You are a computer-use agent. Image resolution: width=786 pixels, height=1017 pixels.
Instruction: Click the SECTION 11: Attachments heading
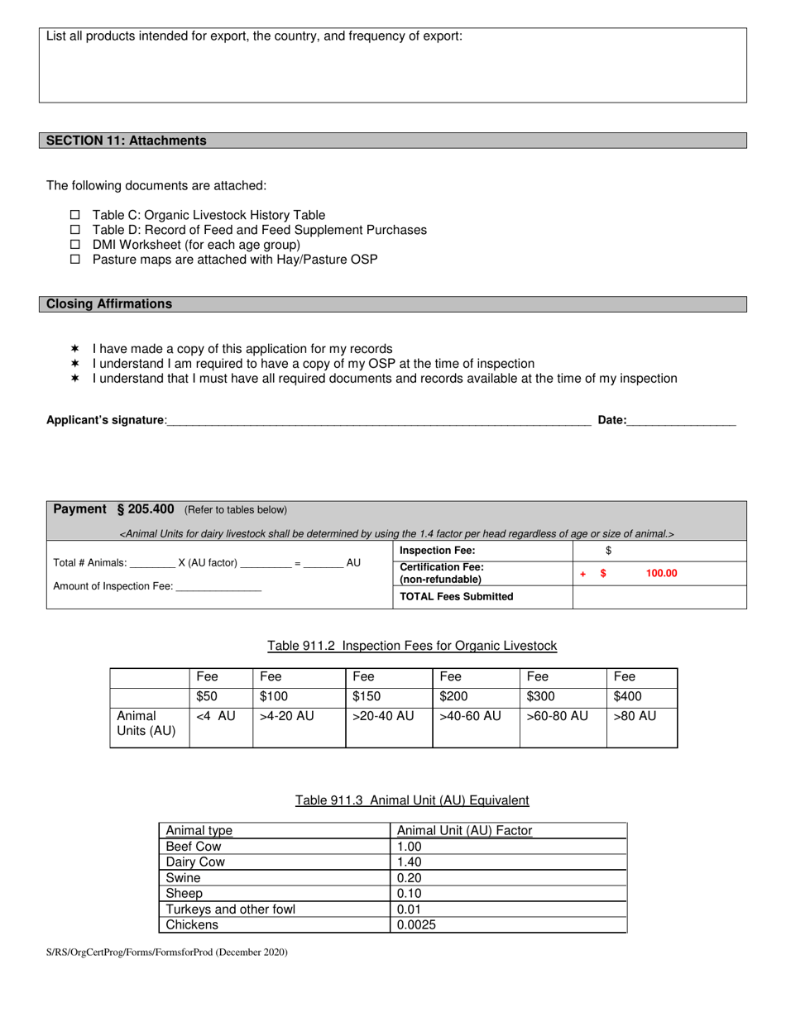pyautogui.click(x=127, y=141)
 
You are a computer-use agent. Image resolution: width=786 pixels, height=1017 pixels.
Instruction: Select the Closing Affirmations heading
pyautogui.click(x=109, y=304)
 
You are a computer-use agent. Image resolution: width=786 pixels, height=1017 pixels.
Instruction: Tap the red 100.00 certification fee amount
pyautogui.click(x=660, y=573)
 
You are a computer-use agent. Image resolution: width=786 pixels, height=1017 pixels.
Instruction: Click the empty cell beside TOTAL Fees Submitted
pyautogui.click(x=659, y=597)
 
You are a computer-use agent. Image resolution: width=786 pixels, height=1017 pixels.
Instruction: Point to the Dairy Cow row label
pyautogui.click(x=195, y=862)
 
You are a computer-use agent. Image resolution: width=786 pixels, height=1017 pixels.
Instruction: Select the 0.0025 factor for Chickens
pyautogui.click(x=416, y=925)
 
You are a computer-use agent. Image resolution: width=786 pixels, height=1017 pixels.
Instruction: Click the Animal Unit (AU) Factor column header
pyautogui.click(x=464, y=831)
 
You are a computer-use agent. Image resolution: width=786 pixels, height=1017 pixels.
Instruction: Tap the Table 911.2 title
pyautogui.click(x=412, y=646)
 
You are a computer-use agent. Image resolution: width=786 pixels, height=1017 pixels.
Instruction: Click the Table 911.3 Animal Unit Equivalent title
pyautogui.click(x=412, y=800)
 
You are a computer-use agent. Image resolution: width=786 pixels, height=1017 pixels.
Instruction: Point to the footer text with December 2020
pyautogui.click(x=167, y=953)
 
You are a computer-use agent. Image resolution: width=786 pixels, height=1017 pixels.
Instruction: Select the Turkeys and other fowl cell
pyautogui.click(x=230, y=910)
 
